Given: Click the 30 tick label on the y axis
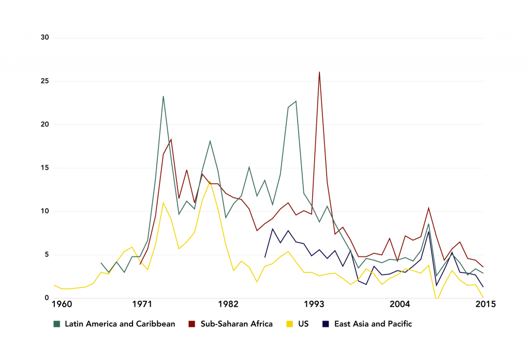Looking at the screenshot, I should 45,37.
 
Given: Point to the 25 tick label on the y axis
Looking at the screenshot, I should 45,81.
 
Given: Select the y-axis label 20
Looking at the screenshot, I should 45,124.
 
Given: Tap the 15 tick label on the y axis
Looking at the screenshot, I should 45,168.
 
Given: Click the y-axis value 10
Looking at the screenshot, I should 45,211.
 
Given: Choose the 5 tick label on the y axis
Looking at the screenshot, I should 47,254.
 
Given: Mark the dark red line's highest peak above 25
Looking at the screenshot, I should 319,72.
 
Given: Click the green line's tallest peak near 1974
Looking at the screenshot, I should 163,96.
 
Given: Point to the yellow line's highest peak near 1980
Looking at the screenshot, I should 210,181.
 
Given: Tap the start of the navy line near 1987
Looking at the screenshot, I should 265,257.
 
